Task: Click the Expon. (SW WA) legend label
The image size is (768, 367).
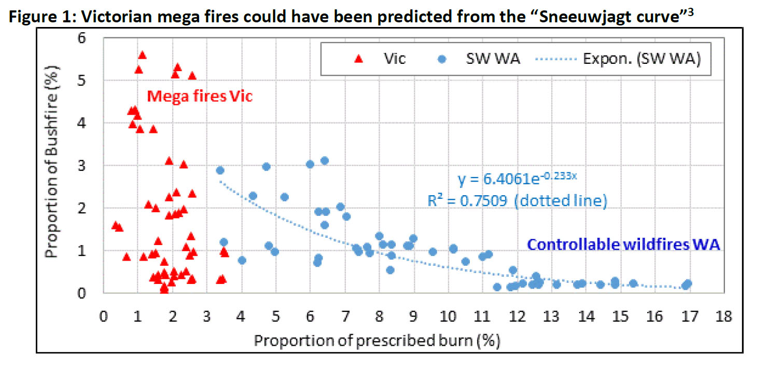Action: tap(642, 59)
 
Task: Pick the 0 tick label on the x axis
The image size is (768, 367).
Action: tap(104, 317)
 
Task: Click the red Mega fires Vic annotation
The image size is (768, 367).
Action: tap(200, 96)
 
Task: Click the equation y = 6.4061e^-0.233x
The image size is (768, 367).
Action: tap(517, 180)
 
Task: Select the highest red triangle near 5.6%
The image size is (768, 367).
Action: tap(142, 55)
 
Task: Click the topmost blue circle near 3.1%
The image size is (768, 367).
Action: tap(325, 160)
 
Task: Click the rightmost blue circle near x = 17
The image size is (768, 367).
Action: tap(688, 283)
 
